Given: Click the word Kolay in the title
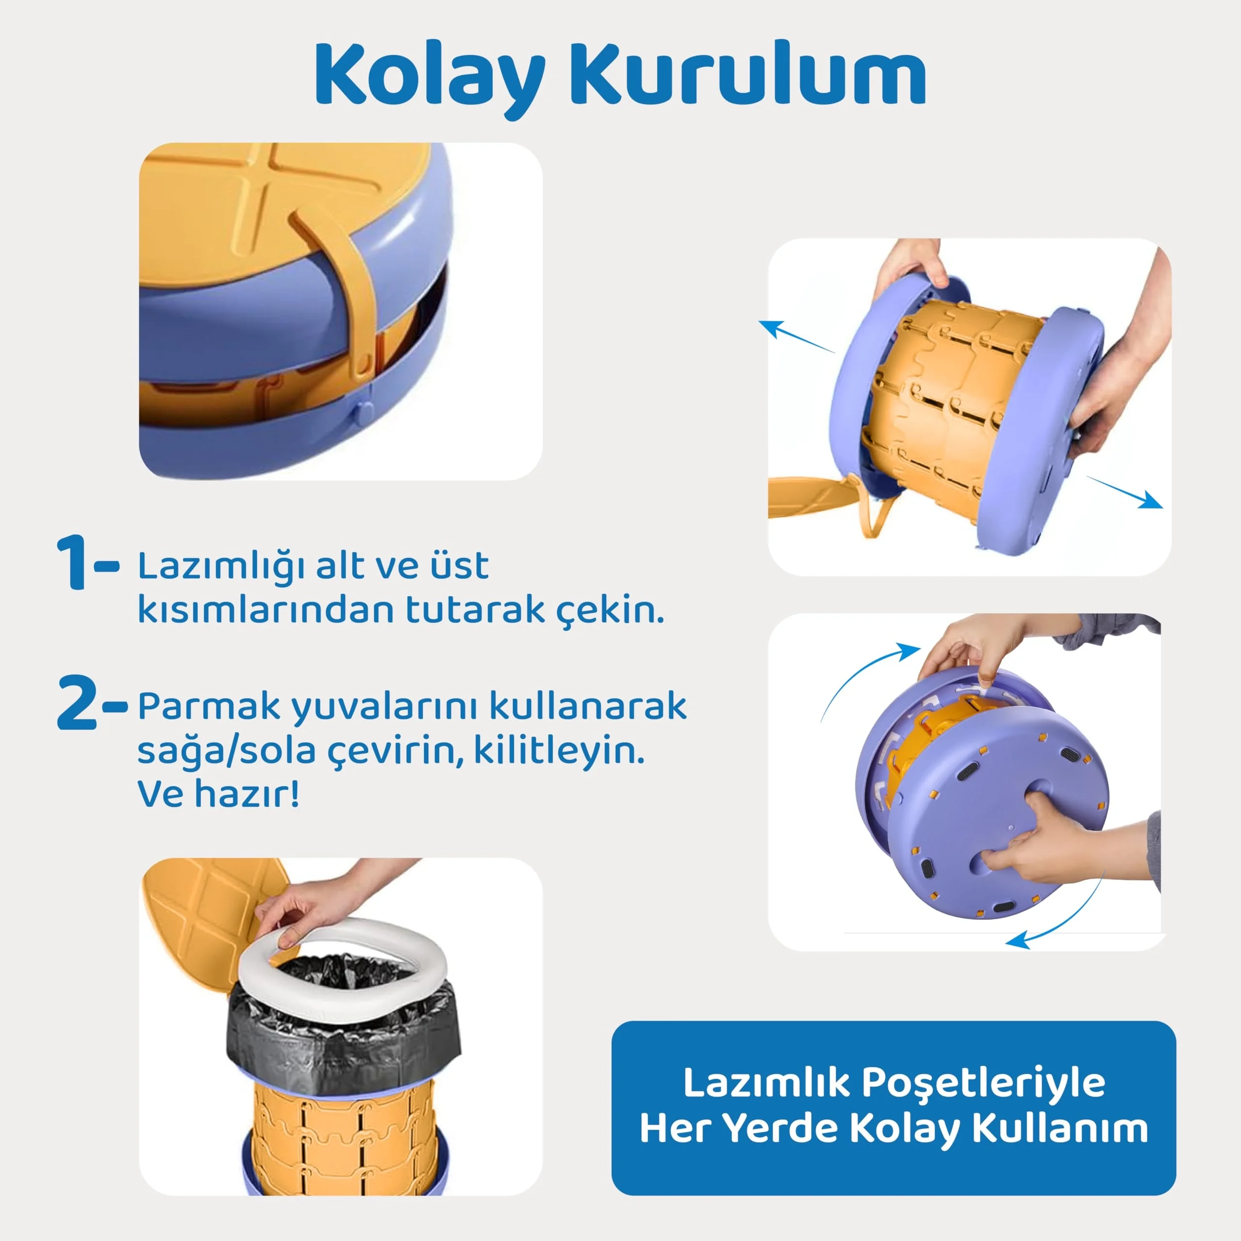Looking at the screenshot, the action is coord(430,76).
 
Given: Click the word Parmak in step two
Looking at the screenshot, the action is coord(209,707).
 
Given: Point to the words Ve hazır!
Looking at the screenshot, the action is coord(219,795).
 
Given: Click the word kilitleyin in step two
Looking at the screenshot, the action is coord(559,751).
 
